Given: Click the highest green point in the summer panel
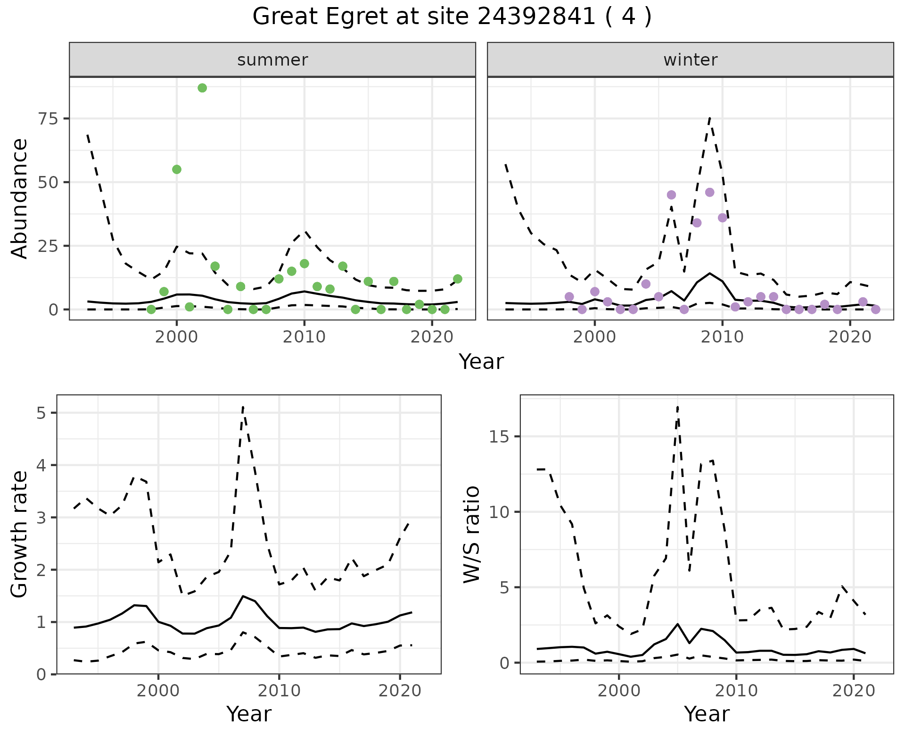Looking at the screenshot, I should point(202,88).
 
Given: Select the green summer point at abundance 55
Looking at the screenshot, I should point(177,169).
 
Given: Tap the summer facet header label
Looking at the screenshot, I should point(272,60).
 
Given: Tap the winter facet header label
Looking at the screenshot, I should point(690,60).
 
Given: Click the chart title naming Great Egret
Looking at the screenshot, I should point(452,17).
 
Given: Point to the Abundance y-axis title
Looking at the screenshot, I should point(20,198).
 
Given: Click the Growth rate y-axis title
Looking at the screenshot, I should point(20,534).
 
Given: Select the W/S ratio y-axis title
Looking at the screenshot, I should point(471,534).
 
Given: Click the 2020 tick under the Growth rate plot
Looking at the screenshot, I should point(400,691).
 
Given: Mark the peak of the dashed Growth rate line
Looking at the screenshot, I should point(243,407).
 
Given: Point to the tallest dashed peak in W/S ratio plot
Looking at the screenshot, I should point(677,407).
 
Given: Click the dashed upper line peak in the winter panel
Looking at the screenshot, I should point(709,118).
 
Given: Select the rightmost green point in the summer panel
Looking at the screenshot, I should point(457,279).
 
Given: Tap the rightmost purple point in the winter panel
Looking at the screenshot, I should point(875,309).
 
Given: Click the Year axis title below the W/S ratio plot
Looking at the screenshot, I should point(707,714).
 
